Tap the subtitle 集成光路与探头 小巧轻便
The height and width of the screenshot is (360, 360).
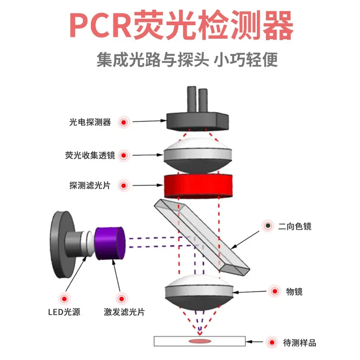(x=187, y=60)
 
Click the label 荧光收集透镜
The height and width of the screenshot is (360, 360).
(x=90, y=156)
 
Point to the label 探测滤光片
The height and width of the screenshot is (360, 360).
(x=90, y=185)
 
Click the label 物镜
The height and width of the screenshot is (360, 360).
(x=294, y=292)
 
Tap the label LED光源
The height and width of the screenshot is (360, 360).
(x=64, y=312)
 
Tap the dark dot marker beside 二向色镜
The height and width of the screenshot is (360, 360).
(x=268, y=225)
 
